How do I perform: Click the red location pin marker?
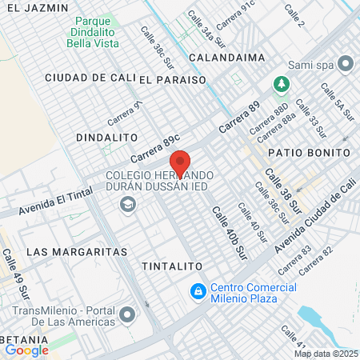point(180,162)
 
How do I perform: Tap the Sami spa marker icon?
point(346,62)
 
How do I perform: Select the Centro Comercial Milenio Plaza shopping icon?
point(197,293)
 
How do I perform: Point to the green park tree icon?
point(281,83)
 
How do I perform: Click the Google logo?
point(26,350)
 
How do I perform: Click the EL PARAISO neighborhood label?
point(172,79)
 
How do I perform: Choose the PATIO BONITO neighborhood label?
point(300,151)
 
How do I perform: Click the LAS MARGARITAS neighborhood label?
point(77,251)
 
